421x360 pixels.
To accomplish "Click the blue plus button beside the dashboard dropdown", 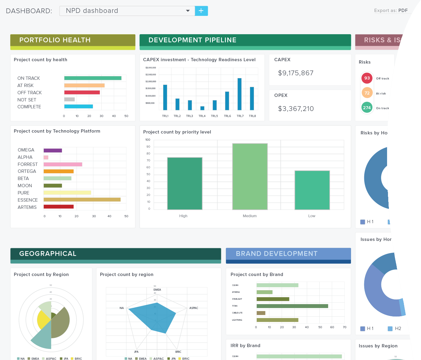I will pos(201,11).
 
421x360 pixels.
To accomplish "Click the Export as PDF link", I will pos(391,10).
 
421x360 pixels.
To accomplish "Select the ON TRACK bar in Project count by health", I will pos(93,78).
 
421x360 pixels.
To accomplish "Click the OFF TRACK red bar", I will pos(82,92).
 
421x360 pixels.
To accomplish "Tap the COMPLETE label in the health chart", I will pos(29,107).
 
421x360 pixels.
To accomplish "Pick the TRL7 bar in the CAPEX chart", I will pos(240,94).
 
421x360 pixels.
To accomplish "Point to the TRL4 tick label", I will pos(202,116).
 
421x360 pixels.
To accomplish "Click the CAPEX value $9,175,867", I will pos(296,73).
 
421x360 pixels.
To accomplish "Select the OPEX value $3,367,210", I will pos(296,109).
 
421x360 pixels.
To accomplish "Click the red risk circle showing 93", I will pos(367,78).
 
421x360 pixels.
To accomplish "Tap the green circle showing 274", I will pos(367,108).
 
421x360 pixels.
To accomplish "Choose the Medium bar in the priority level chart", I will pos(250,176).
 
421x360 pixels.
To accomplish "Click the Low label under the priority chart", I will pos(312,216).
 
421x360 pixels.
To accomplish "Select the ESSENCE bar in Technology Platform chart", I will pos(82,200).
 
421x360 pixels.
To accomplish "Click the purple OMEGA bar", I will pos(53,151).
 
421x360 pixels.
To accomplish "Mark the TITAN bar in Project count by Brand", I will pos(292,306).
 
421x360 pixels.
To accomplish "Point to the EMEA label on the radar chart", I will pos(157,290).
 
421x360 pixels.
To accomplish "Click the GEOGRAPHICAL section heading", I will pos(48,254).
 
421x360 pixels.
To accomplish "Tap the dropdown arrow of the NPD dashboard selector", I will pos(188,11).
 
